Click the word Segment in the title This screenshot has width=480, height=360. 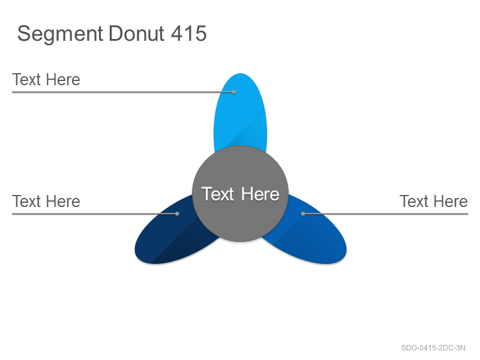click(60, 34)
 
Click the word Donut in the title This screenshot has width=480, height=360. click(137, 33)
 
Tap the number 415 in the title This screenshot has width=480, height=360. click(188, 33)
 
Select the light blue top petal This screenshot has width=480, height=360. click(241, 110)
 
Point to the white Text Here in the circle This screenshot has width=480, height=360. click(241, 194)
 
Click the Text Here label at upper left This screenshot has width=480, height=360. click(46, 80)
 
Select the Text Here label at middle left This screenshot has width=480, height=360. click(46, 202)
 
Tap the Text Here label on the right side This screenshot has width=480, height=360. click(434, 202)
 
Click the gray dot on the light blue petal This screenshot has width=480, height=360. click(234, 92)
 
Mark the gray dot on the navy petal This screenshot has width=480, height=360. click(177, 214)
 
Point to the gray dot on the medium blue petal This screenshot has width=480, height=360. click(303, 214)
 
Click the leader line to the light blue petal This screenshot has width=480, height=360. click(123, 92)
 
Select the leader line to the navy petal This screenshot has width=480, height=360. click(95, 214)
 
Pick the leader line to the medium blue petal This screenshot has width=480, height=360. click(386, 214)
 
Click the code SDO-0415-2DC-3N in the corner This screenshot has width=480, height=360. click(433, 348)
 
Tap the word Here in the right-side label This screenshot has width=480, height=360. click(451, 202)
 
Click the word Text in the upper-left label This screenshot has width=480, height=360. click(26, 80)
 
